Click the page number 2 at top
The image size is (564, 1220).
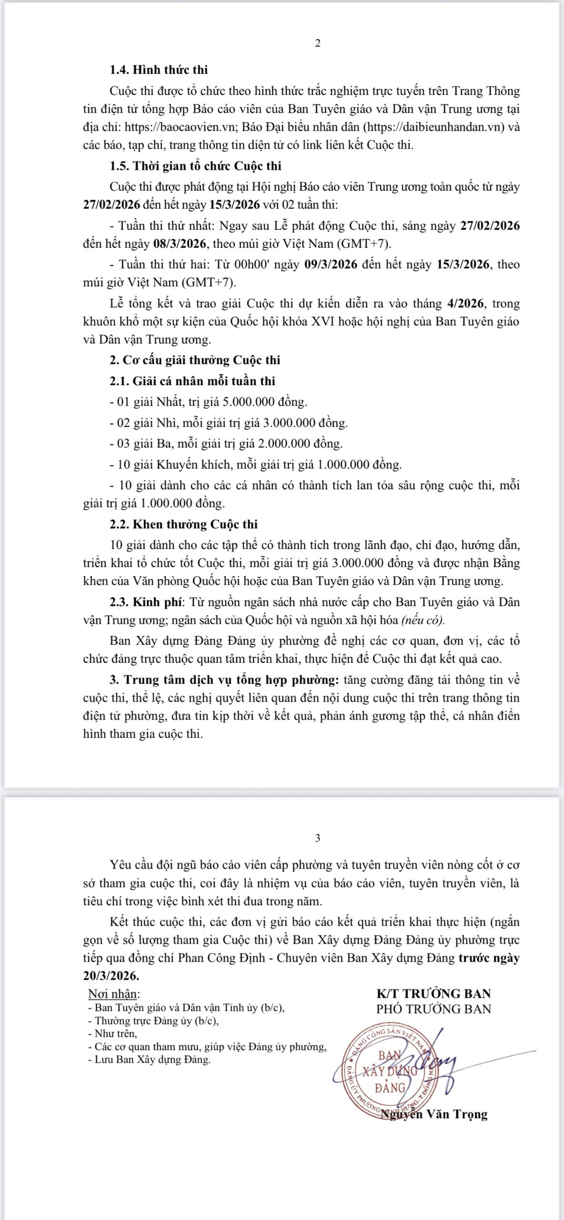pos(318,43)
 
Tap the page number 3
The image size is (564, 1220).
pos(318,838)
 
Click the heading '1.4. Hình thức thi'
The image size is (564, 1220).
pos(159,70)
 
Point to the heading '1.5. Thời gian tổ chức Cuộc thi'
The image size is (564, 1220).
pos(195,166)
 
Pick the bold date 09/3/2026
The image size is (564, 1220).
pos(331,264)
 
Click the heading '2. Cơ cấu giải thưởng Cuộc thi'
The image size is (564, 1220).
pos(195,360)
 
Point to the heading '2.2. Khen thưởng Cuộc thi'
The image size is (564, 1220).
pos(184,524)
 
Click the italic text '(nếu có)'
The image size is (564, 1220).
pos(422,620)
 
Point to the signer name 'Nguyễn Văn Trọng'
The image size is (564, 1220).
pos(437,1114)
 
